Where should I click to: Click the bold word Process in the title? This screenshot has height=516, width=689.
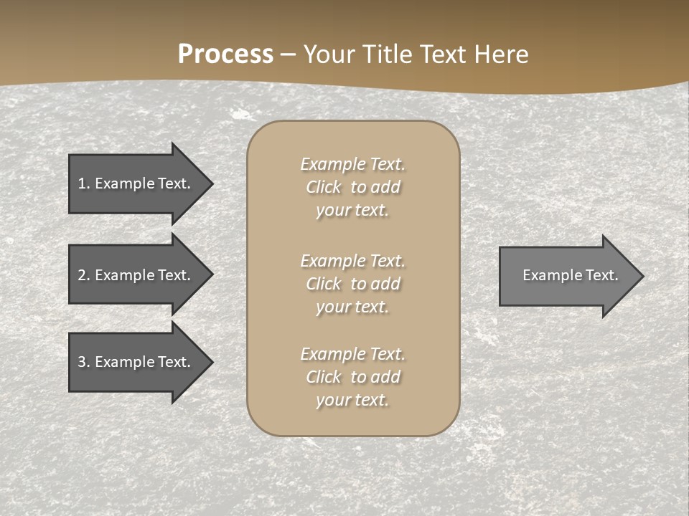tap(225, 54)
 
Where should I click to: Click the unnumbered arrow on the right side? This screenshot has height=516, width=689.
tap(567, 275)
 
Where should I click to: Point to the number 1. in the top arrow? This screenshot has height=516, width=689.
tap(84, 183)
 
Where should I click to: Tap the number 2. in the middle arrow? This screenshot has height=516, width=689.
tap(84, 275)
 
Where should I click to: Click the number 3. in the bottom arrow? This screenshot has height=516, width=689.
tap(84, 362)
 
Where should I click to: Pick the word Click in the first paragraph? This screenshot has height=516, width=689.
tap(324, 187)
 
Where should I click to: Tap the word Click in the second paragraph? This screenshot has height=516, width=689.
tap(324, 284)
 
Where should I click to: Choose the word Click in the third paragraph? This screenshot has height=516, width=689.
tap(324, 377)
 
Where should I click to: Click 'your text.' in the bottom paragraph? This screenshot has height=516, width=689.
tap(352, 400)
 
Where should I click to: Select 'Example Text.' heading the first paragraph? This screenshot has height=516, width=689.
tap(352, 164)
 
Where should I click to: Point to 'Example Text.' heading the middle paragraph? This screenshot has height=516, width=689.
tap(352, 261)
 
